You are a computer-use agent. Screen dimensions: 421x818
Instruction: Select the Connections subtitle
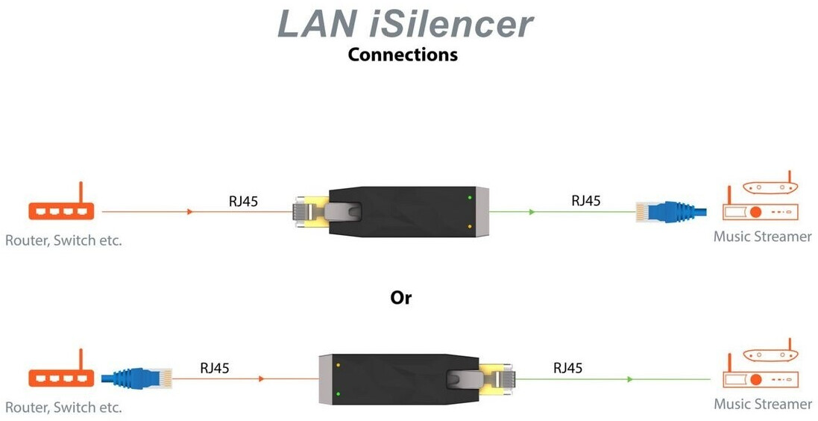click(x=403, y=54)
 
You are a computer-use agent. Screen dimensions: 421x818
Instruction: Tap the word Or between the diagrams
click(x=401, y=297)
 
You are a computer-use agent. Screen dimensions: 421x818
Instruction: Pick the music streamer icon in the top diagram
click(x=760, y=203)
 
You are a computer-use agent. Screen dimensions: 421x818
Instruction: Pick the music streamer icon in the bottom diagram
click(x=760, y=371)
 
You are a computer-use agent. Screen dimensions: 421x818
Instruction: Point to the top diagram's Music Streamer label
click(x=762, y=237)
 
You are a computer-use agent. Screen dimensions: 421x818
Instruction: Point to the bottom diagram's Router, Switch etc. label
click(x=63, y=408)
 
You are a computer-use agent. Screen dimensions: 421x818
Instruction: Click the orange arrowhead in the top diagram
click(x=191, y=212)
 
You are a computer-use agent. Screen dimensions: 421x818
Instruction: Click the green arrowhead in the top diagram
click(x=532, y=212)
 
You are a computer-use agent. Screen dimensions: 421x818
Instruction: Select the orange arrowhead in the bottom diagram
click(x=261, y=379)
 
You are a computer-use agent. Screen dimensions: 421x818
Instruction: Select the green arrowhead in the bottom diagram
click(x=630, y=379)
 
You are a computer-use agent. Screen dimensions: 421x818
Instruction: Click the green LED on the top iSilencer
click(x=470, y=197)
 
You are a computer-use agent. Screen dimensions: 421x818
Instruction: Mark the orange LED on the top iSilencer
click(x=470, y=225)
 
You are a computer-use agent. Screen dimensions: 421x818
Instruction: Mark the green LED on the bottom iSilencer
click(x=338, y=393)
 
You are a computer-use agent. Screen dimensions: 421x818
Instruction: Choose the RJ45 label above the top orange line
click(x=243, y=201)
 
